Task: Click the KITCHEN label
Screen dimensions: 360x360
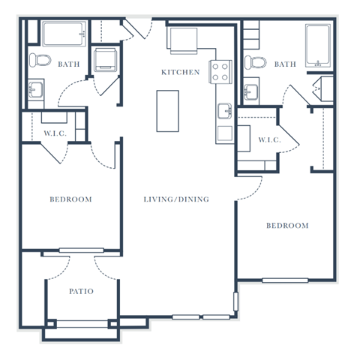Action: (x=181, y=72)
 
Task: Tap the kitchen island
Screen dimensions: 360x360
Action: (x=168, y=111)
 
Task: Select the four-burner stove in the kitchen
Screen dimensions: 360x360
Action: (x=220, y=72)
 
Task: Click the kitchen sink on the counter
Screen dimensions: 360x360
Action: (x=223, y=112)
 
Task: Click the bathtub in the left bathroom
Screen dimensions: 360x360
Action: (x=65, y=34)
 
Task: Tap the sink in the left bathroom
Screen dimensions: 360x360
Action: (x=34, y=90)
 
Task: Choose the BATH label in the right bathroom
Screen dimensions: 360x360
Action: (x=285, y=64)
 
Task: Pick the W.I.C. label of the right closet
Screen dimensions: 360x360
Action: (x=269, y=140)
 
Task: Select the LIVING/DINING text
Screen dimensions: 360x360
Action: (x=176, y=199)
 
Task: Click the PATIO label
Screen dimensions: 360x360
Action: (x=81, y=291)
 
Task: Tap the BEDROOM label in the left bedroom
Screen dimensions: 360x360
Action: (x=70, y=199)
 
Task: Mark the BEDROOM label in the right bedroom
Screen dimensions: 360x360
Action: (x=287, y=226)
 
